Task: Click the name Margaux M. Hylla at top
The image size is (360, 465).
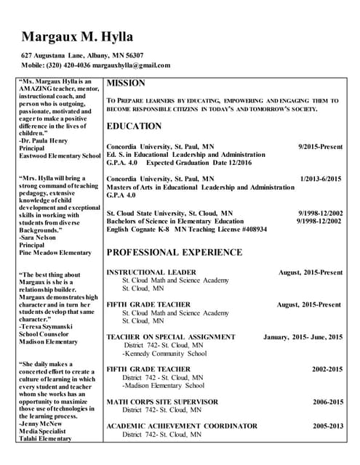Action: tap(78, 36)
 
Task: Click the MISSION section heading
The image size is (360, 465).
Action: tap(126, 83)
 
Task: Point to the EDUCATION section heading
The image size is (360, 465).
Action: tap(134, 126)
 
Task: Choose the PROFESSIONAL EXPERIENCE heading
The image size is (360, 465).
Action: tap(175, 252)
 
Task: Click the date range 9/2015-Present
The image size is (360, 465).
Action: tap(320, 146)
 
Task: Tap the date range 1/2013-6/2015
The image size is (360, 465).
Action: tap(321, 178)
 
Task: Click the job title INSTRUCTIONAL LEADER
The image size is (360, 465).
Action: tap(151, 272)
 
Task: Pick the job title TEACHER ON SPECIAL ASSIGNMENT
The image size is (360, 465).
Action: tap(170, 337)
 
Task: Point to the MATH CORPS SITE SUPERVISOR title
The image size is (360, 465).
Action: tap(162, 402)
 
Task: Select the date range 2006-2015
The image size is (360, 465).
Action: tap(328, 402)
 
